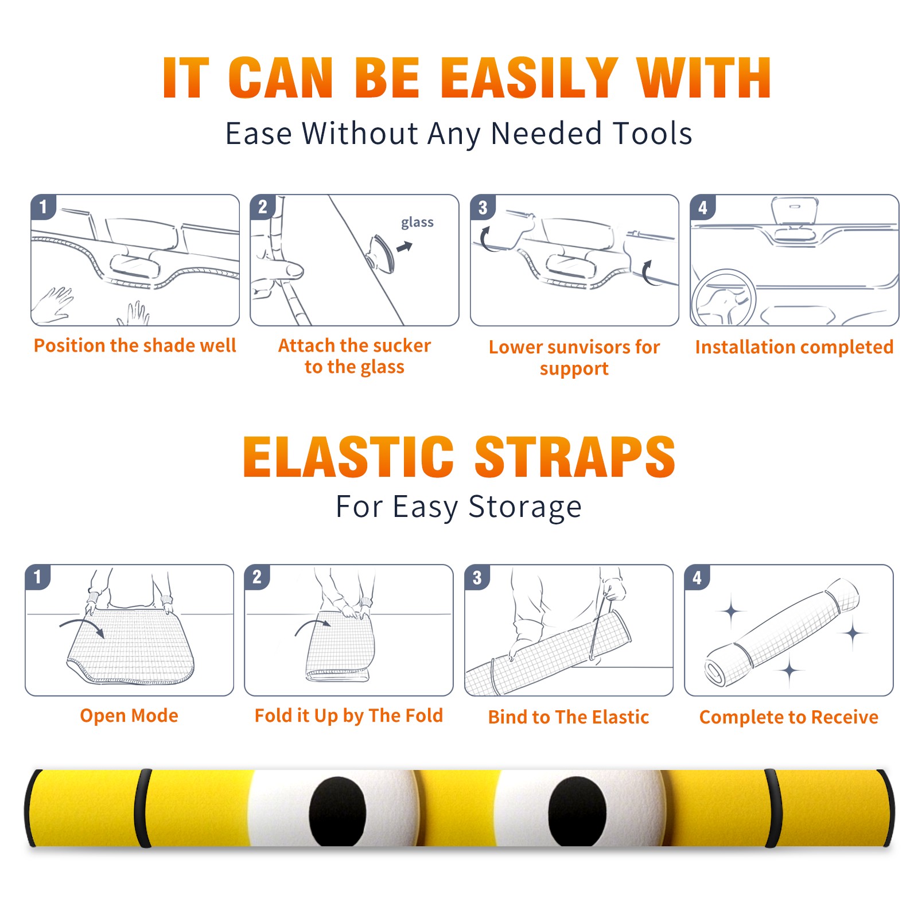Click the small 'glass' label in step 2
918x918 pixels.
pos(417,223)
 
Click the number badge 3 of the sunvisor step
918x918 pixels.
pos(483,207)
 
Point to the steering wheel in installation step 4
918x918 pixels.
pos(723,298)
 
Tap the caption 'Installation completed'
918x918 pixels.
pos(794,347)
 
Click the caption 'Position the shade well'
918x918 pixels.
pos(135,345)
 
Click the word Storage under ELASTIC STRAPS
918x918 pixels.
pos(525,507)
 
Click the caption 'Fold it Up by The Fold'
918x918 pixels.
pos(349,715)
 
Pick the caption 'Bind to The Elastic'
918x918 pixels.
pos(569,717)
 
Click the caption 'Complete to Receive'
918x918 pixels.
pos(789,717)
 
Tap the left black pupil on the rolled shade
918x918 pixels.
pos(337,811)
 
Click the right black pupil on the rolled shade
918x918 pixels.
pos(577,811)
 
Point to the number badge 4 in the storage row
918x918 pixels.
pos(697,577)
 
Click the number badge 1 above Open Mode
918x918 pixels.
pos(38,577)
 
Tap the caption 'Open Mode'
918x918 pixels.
pos(129,716)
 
